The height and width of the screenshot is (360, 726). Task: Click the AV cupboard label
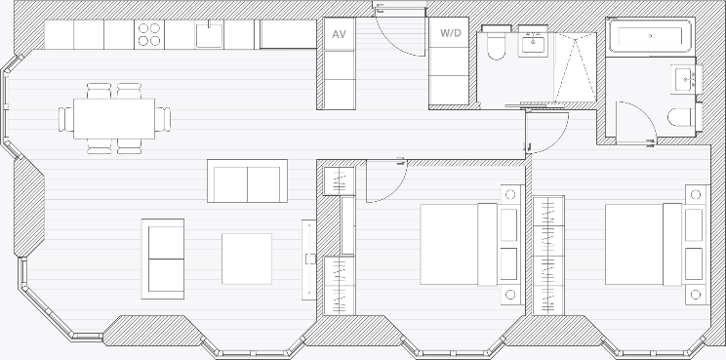click(x=339, y=34)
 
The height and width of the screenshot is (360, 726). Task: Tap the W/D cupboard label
click(x=450, y=33)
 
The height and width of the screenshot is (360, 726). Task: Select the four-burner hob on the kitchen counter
click(x=149, y=35)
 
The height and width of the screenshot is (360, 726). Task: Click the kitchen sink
click(x=209, y=35)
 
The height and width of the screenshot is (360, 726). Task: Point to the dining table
click(x=114, y=118)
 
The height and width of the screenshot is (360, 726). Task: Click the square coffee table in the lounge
click(x=247, y=259)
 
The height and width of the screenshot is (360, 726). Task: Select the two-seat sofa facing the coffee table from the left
click(x=163, y=259)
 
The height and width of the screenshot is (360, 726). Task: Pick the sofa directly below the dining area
click(x=247, y=180)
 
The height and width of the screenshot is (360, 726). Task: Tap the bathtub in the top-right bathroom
click(x=650, y=36)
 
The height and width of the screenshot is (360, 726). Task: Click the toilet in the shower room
click(x=497, y=43)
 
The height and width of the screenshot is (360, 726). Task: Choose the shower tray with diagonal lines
click(x=575, y=67)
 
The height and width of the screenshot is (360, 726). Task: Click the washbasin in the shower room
click(x=534, y=42)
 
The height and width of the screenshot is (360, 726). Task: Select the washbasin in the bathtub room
click(x=685, y=79)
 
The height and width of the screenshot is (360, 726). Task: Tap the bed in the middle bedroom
click(x=471, y=244)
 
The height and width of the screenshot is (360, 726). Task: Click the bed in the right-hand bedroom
click(x=657, y=244)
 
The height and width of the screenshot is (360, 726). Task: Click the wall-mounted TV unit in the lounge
click(x=308, y=260)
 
